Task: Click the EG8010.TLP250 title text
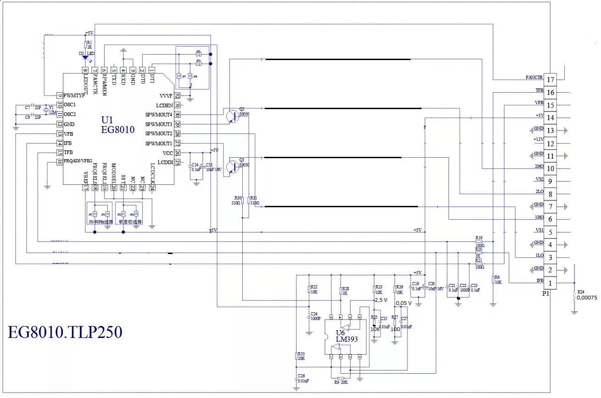65,332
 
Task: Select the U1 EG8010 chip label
118,125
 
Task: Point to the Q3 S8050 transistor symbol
233,167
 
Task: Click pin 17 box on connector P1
551,79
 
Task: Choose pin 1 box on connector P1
551,283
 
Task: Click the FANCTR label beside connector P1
534,78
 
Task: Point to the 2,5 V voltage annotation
381,300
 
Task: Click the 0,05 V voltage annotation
404,303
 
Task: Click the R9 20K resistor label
341,381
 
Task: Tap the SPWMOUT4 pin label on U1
159,115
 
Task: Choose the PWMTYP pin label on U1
74,95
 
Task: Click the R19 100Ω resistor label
479,240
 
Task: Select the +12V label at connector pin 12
538,139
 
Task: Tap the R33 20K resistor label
301,356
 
